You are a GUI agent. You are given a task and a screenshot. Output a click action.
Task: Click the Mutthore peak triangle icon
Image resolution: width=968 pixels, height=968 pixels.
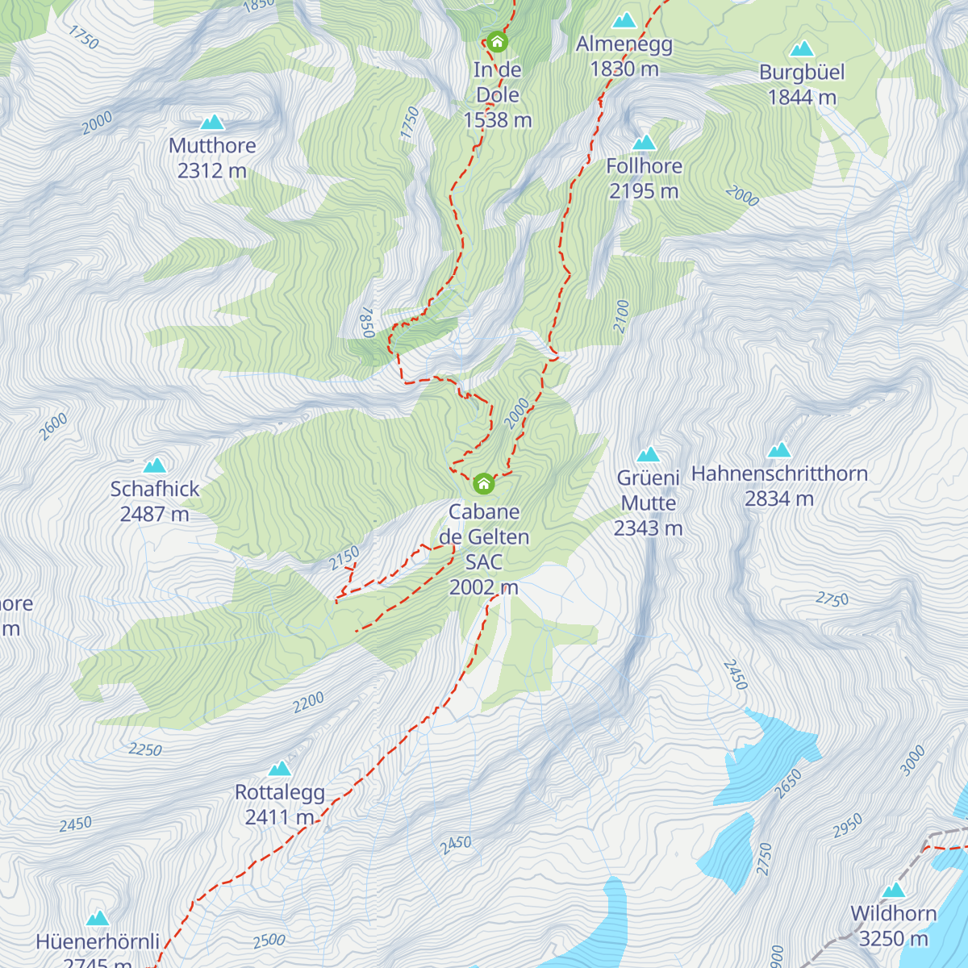pos(212,123)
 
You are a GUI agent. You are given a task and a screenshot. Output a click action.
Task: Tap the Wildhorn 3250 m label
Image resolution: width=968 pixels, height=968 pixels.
pos(894,926)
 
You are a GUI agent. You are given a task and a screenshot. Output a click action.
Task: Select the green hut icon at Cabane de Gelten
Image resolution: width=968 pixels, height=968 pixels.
pos(483,484)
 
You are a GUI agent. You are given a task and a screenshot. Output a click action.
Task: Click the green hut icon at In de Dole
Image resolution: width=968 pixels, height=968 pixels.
pos(497,42)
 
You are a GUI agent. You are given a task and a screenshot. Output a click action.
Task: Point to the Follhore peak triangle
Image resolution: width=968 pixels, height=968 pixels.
pos(644,144)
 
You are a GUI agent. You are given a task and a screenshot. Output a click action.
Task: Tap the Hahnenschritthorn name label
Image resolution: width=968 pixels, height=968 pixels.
pos(779,474)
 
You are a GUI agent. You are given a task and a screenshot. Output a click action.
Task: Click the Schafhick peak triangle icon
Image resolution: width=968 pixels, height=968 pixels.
pos(154,465)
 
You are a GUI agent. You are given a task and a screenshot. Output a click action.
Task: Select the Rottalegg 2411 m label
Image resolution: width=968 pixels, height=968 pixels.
pos(280,804)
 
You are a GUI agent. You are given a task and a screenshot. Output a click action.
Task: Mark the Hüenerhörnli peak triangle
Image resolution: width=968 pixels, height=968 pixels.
pos(98,918)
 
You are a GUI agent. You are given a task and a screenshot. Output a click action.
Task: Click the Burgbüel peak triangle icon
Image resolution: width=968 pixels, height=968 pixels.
pos(802,50)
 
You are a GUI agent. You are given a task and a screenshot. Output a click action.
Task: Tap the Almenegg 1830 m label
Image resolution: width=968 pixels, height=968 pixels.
pos(624,56)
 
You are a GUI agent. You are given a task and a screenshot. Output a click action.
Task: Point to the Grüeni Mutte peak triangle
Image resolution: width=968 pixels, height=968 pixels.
pos(649,455)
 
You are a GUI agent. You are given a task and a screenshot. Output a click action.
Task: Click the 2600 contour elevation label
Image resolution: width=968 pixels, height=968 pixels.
pos(54,426)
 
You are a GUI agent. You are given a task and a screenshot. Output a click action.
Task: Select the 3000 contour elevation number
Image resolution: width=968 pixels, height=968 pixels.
pos(912,761)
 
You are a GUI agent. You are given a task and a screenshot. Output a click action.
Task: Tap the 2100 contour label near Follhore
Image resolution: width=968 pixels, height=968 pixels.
pos(620,316)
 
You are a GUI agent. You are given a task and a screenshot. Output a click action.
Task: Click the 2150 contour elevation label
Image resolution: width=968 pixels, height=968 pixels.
pos(344,557)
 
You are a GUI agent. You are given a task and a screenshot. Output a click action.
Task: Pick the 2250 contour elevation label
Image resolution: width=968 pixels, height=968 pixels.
pos(145,749)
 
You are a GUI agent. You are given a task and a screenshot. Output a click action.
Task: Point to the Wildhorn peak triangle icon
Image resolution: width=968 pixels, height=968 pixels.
pos(894,891)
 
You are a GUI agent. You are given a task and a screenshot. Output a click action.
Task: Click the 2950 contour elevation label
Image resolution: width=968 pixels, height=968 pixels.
pos(847,825)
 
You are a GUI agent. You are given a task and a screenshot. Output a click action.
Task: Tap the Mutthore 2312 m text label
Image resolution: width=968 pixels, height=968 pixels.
pos(212,158)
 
